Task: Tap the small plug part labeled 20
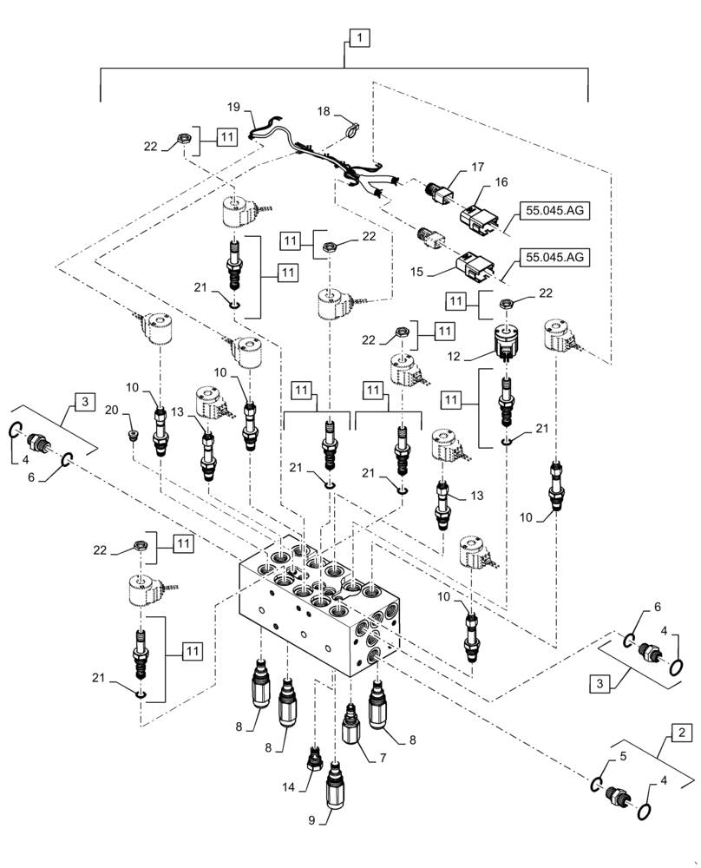coord(133,433)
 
